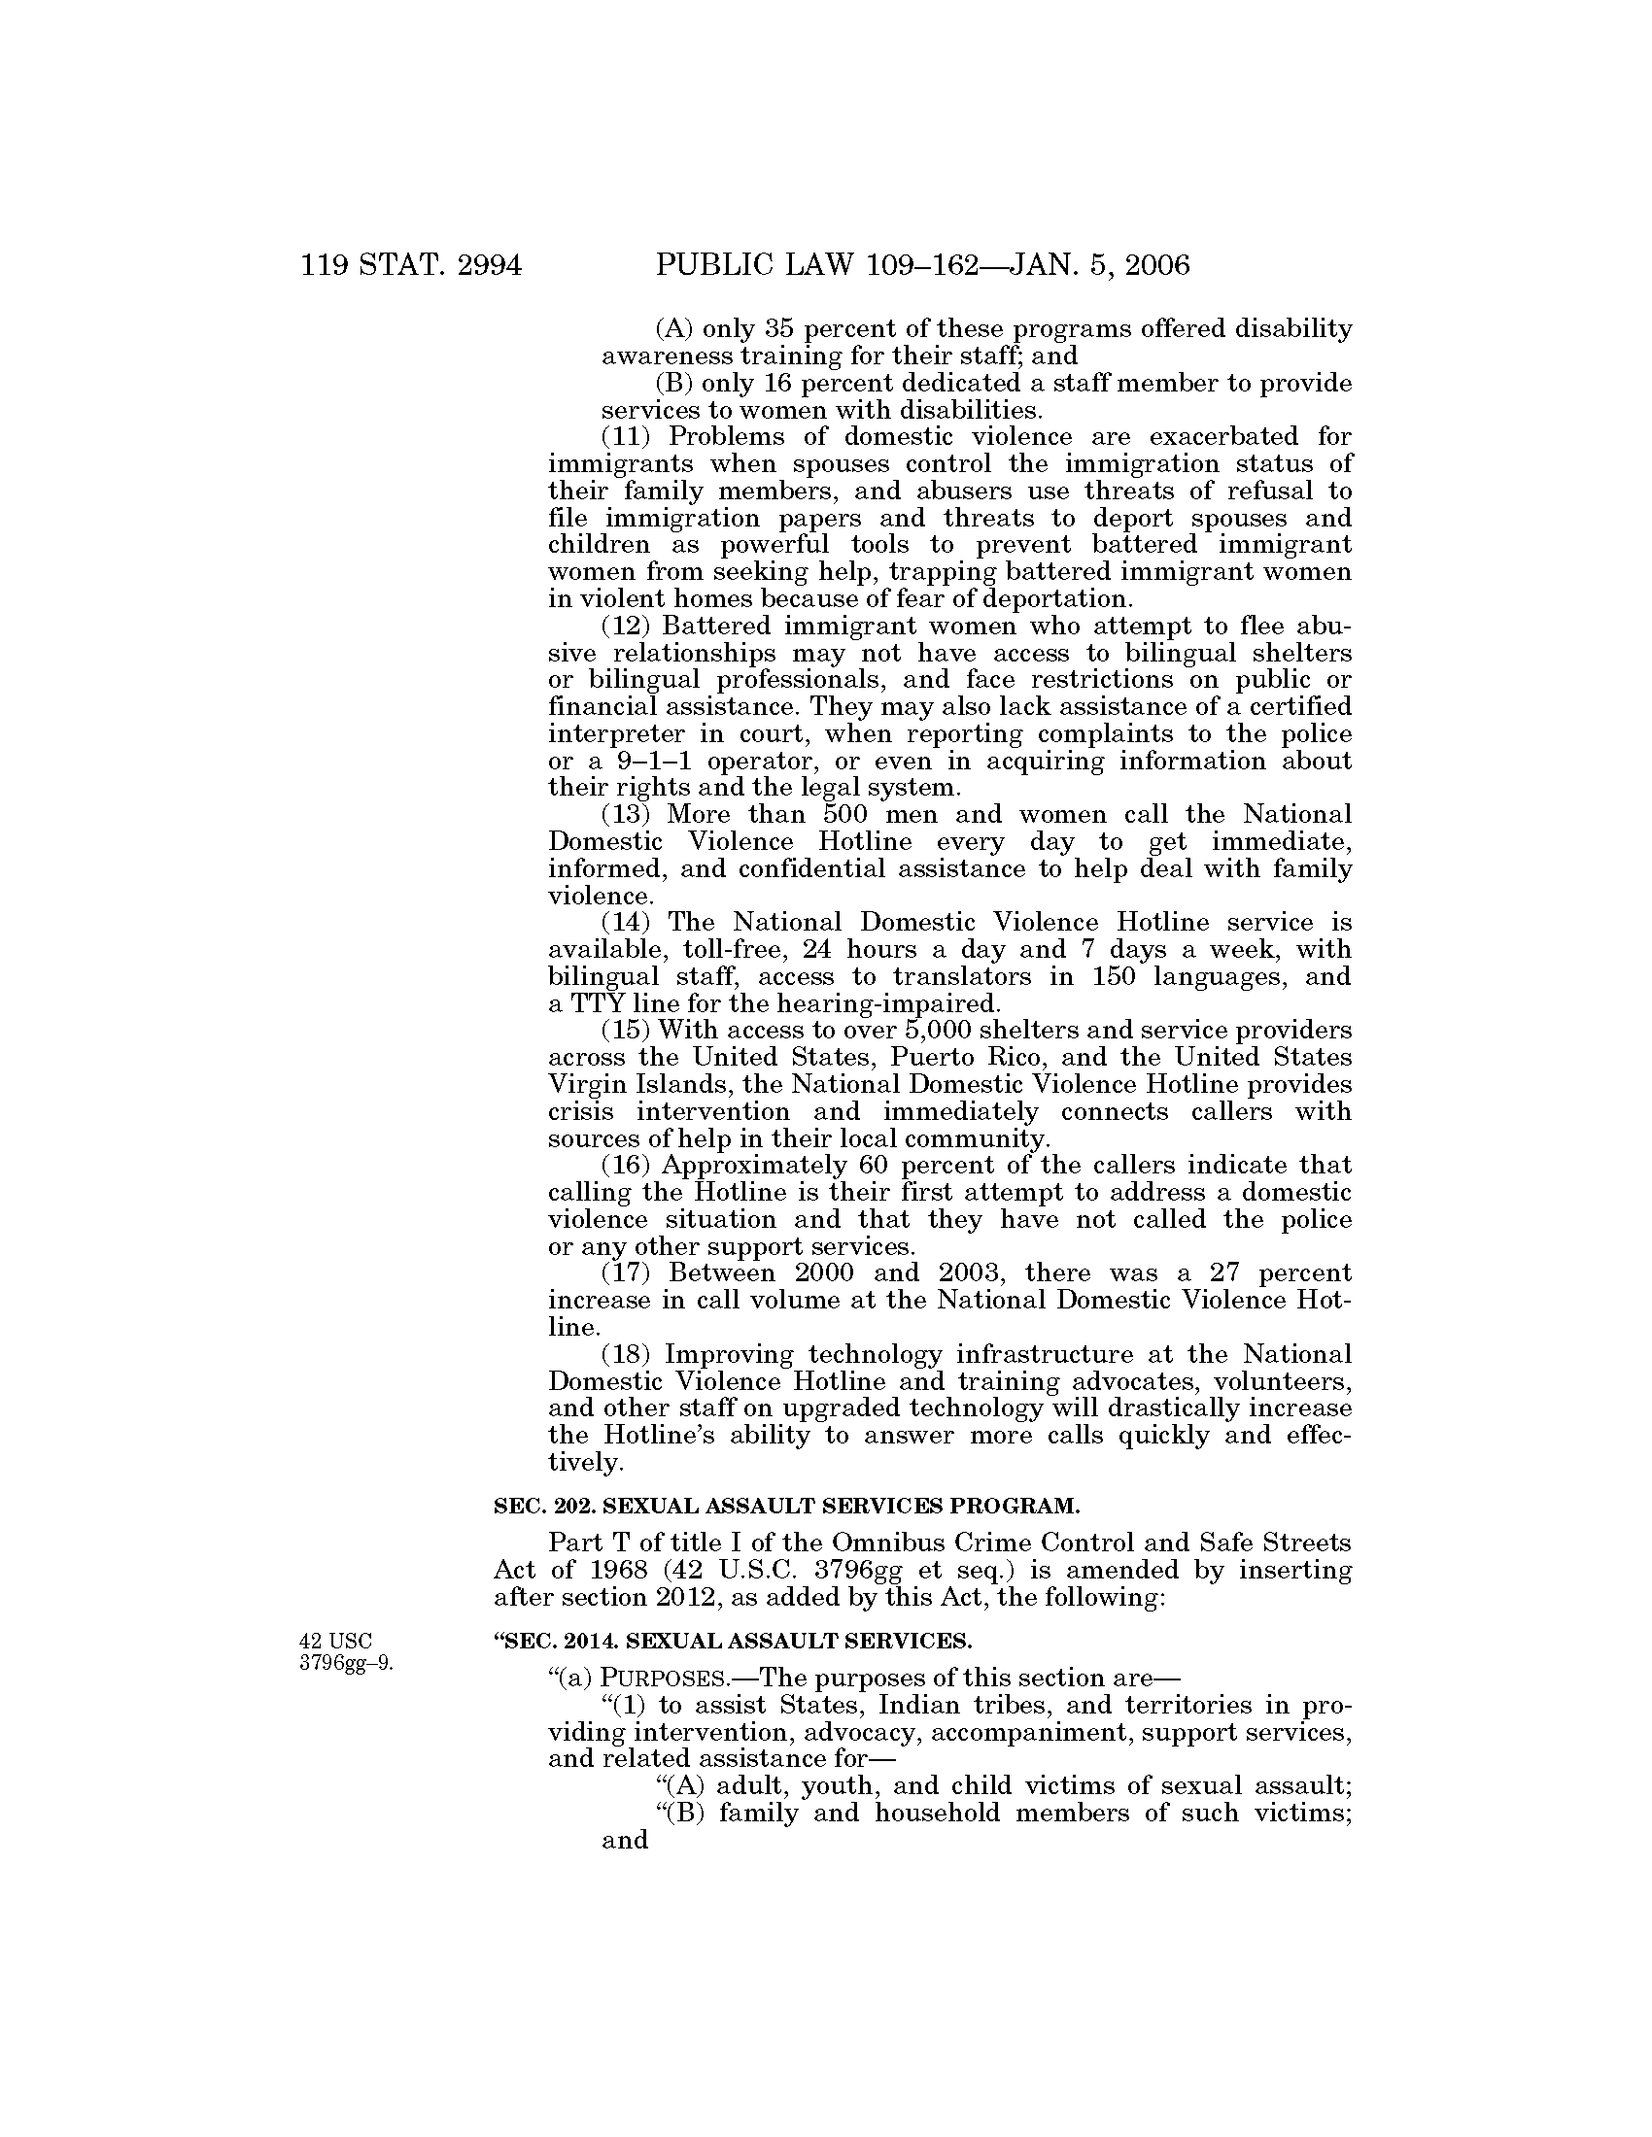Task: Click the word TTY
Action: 593,1004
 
